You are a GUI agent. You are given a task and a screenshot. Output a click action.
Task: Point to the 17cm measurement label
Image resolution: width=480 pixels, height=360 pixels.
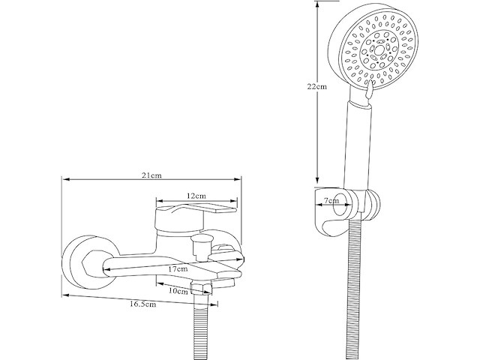(x=177, y=268)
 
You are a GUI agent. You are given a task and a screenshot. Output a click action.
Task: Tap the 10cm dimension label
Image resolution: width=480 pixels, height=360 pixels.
(x=178, y=291)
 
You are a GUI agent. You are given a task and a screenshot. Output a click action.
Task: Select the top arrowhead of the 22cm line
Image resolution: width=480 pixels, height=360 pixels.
(x=318, y=4)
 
